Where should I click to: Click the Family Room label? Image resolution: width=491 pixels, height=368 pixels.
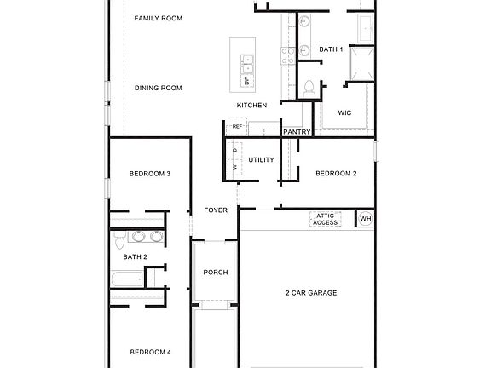click(x=159, y=18)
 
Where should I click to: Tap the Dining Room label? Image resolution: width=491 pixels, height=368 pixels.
click(x=159, y=88)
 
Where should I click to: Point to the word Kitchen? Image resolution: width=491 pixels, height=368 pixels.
click(x=252, y=106)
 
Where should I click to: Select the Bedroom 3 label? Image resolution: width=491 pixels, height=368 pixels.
click(x=150, y=174)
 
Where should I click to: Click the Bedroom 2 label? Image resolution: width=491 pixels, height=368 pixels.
click(x=336, y=174)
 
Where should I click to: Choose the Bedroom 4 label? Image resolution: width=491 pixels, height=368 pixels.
click(x=150, y=352)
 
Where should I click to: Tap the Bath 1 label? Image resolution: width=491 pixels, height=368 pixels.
click(x=331, y=49)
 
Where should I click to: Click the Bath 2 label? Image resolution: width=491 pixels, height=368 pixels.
click(x=135, y=256)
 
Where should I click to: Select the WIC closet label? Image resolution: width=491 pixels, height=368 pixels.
click(x=344, y=112)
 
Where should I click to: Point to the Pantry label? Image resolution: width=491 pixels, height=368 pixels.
click(x=297, y=132)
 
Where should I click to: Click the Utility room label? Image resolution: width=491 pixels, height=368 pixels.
click(x=261, y=159)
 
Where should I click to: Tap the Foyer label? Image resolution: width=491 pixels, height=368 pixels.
click(x=216, y=210)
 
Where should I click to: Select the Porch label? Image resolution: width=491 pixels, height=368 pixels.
click(x=216, y=273)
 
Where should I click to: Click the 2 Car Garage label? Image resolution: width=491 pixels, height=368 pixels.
click(x=310, y=293)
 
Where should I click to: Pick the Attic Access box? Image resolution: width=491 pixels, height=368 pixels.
click(x=326, y=220)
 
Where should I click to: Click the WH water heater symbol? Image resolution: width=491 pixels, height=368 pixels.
click(x=365, y=220)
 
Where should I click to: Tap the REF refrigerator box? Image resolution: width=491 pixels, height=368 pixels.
click(x=237, y=127)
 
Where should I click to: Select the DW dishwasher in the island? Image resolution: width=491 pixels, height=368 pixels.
click(x=246, y=81)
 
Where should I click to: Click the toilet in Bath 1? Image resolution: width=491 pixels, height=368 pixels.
click(x=309, y=89)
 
